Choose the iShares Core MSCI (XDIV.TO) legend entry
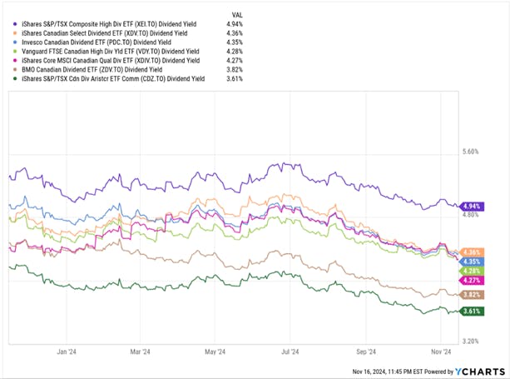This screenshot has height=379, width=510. tap(105, 59)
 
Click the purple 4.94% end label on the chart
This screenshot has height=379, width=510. tap(473, 206)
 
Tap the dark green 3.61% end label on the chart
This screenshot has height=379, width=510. tap(473, 311)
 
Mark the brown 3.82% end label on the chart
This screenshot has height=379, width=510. tap(473, 295)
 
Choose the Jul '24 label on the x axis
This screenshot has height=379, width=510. tap(290, 352)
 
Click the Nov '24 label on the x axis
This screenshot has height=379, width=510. tap(442, 352)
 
